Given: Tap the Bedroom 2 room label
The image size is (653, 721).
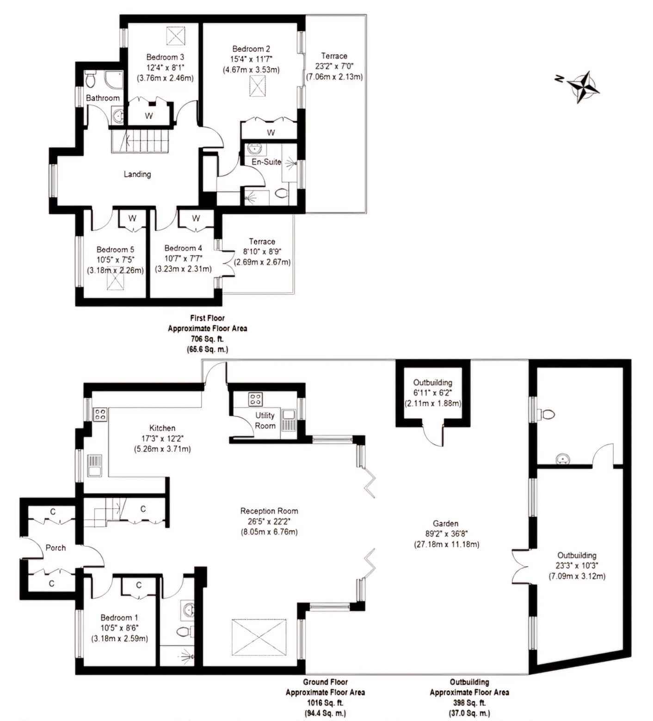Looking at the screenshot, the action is coord(251,49).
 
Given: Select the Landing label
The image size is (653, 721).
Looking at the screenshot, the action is coord(137,174).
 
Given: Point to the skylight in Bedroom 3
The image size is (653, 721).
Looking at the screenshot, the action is coord(174,36).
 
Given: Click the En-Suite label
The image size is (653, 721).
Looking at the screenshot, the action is coord(266,162).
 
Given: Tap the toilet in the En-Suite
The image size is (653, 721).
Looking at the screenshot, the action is coord(280,194).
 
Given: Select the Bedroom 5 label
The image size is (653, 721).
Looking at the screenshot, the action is coord(116,250).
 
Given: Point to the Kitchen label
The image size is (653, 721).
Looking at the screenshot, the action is coord(162,428).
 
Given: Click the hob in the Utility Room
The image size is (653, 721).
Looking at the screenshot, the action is coord(255,399).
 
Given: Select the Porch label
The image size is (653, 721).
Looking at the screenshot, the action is coord(55,548).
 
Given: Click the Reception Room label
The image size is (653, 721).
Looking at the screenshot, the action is coord(269,511).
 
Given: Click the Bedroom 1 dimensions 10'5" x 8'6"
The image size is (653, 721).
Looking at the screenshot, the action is coord(120,628).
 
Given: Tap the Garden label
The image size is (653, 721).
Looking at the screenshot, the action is coord(446,524).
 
